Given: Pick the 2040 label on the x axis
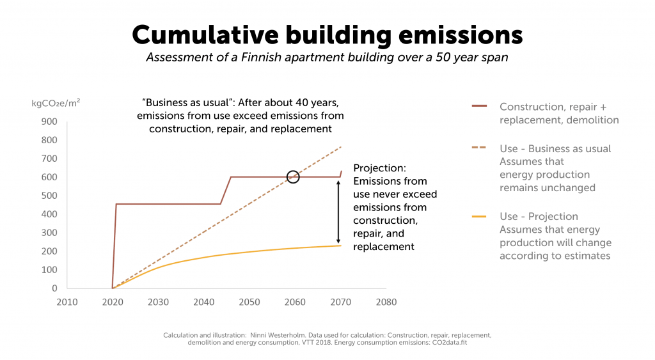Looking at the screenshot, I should (203, 302).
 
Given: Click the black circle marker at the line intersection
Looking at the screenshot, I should (293, 176).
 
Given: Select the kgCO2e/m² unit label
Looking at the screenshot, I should (56, 102).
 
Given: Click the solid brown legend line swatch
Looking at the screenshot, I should (479, 106).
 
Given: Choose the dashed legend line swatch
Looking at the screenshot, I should (479, 148).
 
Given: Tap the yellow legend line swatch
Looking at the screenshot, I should (479, 216).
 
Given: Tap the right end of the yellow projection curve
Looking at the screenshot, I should (340, 246).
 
